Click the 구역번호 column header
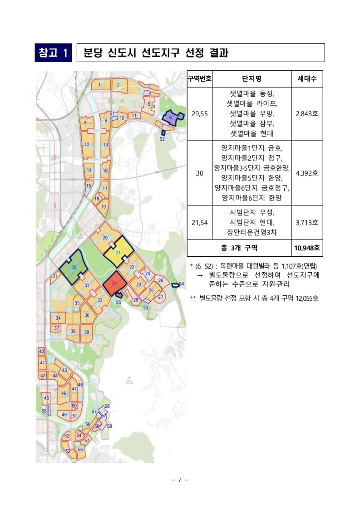coord(199,79)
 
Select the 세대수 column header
coord(307,79)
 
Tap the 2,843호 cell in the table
coord(307,113)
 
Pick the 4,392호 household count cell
coord(307,173)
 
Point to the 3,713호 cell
coord(307,222)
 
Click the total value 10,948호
coord(307,248)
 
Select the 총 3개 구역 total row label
coord(239,248)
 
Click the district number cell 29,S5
coord(199,113)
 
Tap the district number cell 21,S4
coord(199,222)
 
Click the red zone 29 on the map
coord(114,284)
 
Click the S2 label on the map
coord(162,140)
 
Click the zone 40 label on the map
coord(41,351)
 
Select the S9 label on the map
coord(109,426)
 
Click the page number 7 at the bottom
coord(180,480)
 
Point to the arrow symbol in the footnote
coord(199,275)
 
